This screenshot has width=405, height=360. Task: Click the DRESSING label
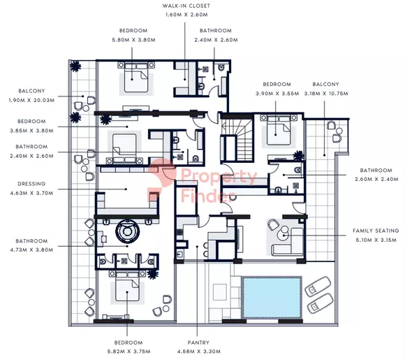tap(31, 185)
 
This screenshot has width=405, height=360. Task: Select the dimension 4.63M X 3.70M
tap(31, 193)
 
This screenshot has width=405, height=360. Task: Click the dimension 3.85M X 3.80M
tap(31, 129)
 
